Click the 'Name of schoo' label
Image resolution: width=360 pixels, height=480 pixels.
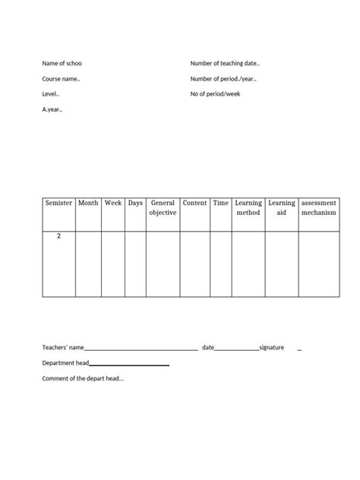pyautogui.click(x=62, y=63)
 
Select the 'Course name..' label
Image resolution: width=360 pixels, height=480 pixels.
pyautogui.click(x=62, y=78)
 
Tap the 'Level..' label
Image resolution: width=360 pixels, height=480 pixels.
pyautogui.click(x=51, y=94)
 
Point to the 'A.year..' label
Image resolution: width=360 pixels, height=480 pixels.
pyautogui.click(x=53, y=109)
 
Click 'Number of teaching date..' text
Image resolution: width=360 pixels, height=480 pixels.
pyautogui.click(x=225, y=63)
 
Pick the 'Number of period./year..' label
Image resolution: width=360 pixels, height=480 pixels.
pyautogui.click(x=223, y=78)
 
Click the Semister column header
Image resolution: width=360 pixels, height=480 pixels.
pyautogui.click(x=58, y=204)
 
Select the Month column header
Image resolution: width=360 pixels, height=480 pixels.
pyautogui.click(x=88, y=204)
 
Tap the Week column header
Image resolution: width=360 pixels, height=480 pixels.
pyautogui.click(x=113, y=204)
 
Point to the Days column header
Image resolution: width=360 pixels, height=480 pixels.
pyautogui.click(x=135, y=204)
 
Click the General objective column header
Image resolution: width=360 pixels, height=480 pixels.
pyautogui.click(x=163, y=208)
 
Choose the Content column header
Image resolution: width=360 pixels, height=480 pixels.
pyautogui.click(x=195, y=204)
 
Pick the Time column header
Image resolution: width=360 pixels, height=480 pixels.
pyautogui.click(x=221, y=204)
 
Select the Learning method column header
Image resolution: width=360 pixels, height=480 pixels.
pyautogui.click(x=248, y=208)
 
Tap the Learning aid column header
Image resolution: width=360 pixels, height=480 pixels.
pyautogui.click(x=282, y=208)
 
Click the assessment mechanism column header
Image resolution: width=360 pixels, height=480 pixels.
pyautogui.click(x=318, y=208)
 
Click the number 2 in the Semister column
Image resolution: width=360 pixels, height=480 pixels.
pyautogui.click(x=58, y=236)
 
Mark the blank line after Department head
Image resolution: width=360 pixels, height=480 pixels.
pyautogui.click(x=130, y=365)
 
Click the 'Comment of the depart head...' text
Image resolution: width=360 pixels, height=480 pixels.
pyautogui.click(x=83, y=378)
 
